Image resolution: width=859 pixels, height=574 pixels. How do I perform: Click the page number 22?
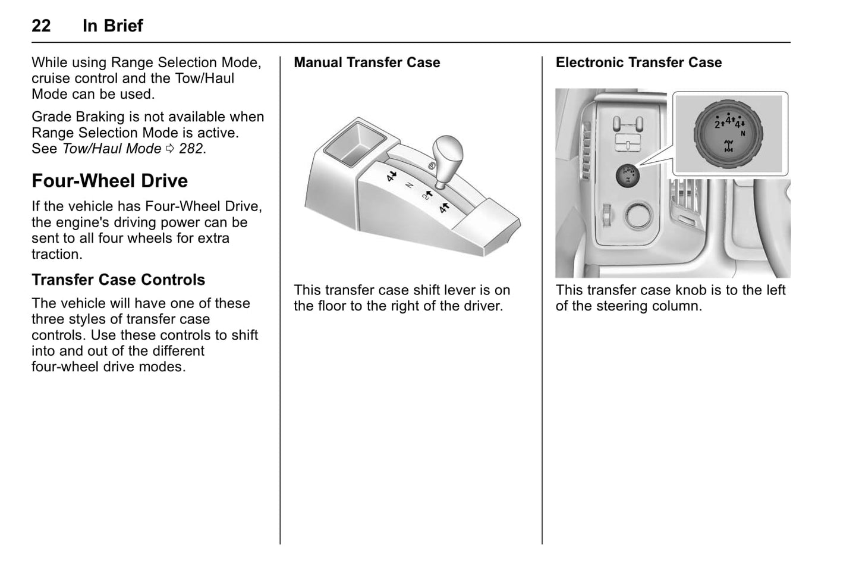click(x=41, y=26)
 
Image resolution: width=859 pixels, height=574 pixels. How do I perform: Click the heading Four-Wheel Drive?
click(x=109, y=181)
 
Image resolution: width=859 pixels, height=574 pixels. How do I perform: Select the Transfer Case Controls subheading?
click(x=118, y=280)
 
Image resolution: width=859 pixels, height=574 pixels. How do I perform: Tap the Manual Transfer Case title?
click(x=367, y=62)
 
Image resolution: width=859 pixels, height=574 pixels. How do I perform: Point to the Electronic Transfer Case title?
click(x=638, y=62)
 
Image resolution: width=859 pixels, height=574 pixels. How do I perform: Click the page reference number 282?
click(x=192, y=149)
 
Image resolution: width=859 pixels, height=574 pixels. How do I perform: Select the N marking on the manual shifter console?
click(x=409, y=186)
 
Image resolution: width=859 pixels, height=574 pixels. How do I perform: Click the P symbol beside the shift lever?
click(x=432, y=164)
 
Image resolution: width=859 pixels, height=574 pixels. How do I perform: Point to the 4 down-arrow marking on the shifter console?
click(x=391, y=176)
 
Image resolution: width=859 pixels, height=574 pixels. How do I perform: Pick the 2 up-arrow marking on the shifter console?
click(x=426, y=195)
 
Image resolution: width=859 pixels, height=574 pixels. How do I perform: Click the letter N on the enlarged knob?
click(x=742, y=134)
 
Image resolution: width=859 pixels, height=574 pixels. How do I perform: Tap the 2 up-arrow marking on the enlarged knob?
click(x=719, y=124)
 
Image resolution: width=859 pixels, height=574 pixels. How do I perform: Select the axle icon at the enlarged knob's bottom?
click(x=728, y=146)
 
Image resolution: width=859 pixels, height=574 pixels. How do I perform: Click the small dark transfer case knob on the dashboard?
click(x=627, y=175)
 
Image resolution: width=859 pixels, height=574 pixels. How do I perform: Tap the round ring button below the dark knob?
click(x=639, y=215)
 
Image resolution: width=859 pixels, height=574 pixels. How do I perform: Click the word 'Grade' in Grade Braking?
click(x=49, y=117)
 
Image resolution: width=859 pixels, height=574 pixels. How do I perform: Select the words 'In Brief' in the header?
click(x=112, y=26)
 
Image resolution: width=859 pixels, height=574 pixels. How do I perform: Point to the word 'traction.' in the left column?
click(x=57, y=254)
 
